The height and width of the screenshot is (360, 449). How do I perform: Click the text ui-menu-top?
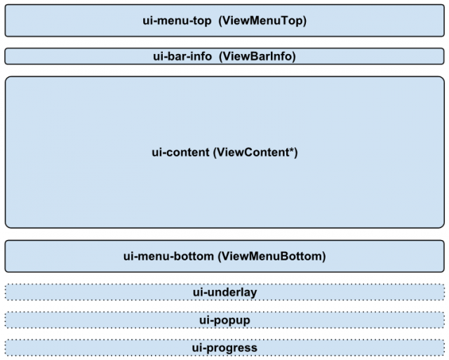177,21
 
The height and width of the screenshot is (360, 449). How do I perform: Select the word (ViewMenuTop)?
262,21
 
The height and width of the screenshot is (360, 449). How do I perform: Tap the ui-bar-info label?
182,56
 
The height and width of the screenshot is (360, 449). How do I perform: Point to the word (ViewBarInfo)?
257,56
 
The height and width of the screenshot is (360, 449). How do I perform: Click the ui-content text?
180,152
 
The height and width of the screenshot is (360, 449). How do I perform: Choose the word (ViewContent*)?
255,152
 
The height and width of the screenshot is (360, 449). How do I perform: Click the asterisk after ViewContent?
292,149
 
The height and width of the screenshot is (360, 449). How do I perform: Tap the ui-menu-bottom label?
168,256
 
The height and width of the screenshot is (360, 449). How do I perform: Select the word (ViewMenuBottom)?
272,256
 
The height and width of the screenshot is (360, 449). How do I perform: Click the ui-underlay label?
224,293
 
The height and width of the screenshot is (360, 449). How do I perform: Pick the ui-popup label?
224,320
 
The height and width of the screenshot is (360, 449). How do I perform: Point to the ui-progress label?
224,348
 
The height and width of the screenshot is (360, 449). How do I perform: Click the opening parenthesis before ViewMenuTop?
220,21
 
